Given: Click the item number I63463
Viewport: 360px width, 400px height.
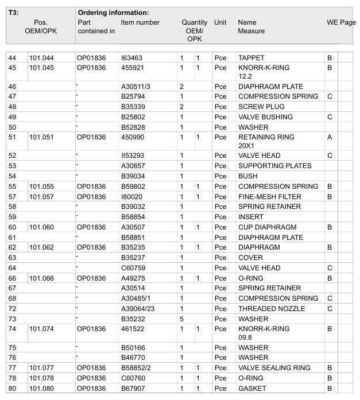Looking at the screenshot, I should (131, 58).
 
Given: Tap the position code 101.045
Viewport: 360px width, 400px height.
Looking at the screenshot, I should (41, 68).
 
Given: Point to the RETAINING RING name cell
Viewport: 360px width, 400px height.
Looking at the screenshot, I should (266, 137).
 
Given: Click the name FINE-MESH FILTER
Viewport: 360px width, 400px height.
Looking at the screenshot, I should (269, 197).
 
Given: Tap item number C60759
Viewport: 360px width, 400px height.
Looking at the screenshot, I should (133, 268).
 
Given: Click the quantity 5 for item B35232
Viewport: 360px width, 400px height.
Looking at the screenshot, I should (181, 319).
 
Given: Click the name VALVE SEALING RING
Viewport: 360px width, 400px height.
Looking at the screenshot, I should (274, 368).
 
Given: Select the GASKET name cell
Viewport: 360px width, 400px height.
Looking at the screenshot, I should (252, 389).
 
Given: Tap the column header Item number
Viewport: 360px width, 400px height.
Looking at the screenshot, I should (140, 22).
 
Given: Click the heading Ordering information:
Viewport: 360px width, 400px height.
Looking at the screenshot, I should (113, 13).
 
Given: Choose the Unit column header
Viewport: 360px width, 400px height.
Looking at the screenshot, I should (220, 22).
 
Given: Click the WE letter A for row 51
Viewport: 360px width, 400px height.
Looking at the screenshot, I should (330, 137).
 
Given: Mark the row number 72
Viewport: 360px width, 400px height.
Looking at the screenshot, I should (12, 309).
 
